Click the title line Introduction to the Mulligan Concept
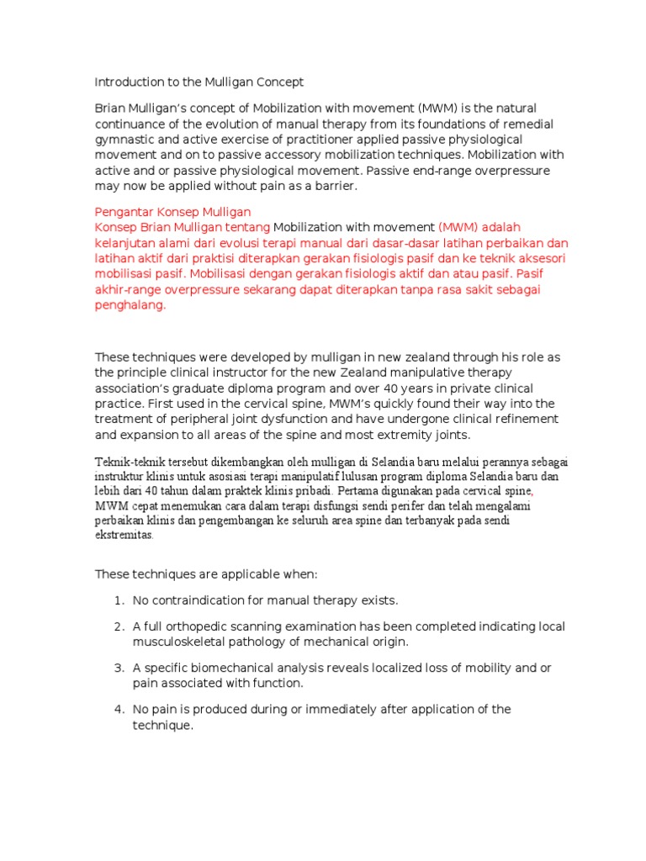coord(199,82)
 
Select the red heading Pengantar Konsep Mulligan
coord(172,212)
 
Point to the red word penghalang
coord(130,305)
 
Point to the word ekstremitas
coord(124,535)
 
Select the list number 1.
coord(117,600)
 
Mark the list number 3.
coord(118,668)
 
